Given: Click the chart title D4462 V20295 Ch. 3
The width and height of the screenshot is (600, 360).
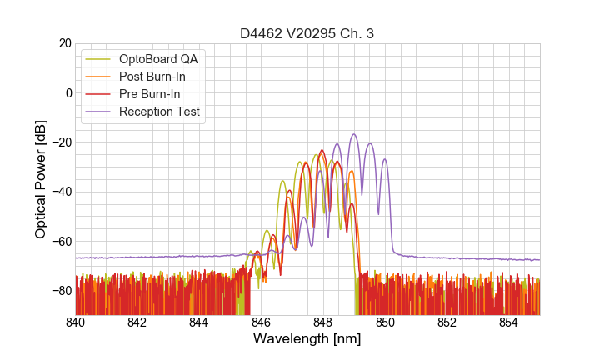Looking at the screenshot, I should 307,33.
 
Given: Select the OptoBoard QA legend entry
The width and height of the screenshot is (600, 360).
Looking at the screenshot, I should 158,59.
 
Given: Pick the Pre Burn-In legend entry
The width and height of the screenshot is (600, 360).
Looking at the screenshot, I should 150,94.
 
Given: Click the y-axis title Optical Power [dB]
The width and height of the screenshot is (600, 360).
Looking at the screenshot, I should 41,178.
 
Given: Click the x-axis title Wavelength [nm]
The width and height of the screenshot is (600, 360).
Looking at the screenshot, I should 307,339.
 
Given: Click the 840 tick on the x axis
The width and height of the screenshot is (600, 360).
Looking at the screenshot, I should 76,322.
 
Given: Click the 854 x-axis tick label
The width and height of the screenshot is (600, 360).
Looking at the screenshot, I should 508,322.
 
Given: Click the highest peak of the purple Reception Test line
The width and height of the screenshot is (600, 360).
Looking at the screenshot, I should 354,134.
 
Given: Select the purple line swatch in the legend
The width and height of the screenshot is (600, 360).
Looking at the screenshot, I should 99,112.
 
